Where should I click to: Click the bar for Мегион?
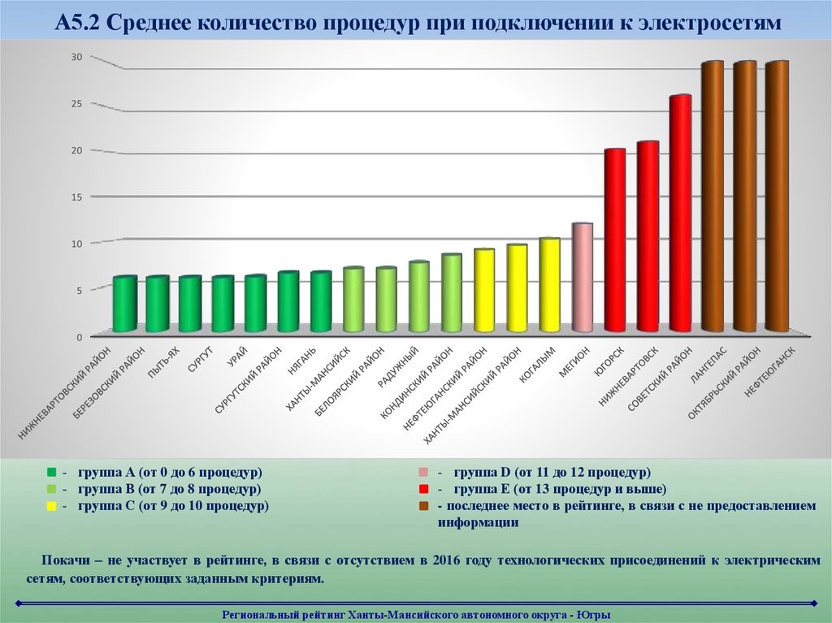tap(583, 278)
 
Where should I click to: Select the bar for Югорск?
tap(615, 240)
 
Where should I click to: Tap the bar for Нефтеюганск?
tap(778, 197)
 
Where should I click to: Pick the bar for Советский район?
tap(680, 214)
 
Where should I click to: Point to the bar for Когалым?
tap(550, 285)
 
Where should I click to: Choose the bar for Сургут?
tap(223, 304)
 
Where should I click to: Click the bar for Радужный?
tap(419, 296)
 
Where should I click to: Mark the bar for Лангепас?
tap(713, 197)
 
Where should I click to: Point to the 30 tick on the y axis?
tap(76, 57)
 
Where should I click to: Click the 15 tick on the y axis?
tap(76, 197)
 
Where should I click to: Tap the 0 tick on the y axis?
tap(80, 336)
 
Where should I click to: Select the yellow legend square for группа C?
tap(51, 506)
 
